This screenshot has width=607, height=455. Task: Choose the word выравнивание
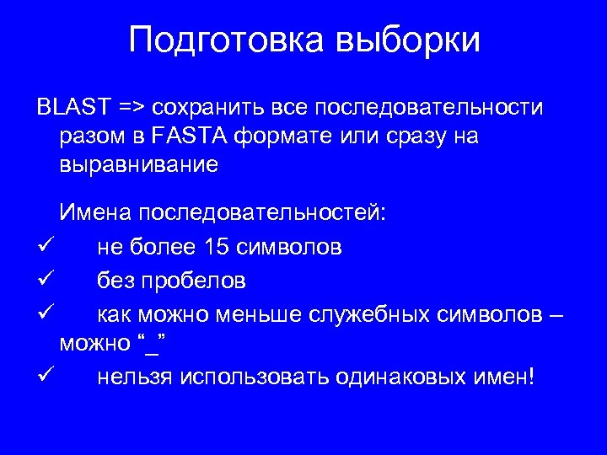click(x=139, y=165)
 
